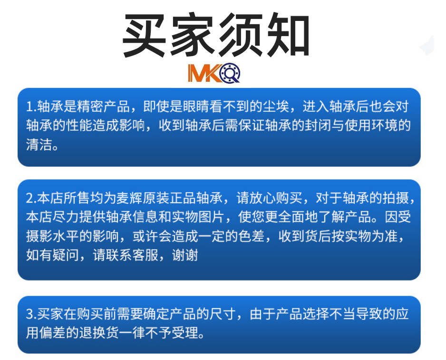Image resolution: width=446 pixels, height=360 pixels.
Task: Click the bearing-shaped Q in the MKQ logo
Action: point(230,73)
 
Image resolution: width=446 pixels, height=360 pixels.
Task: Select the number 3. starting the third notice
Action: point(31,314)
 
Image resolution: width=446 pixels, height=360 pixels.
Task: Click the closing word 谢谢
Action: point(186,255)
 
